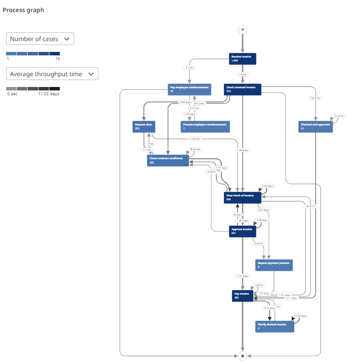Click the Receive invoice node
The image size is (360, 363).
tap(243, 59)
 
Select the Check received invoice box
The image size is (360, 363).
tap(243, 90)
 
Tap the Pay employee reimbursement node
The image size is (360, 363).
tap(189, 90)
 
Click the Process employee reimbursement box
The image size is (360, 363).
tap(205, 126)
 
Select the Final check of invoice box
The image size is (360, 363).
tap(243, 197)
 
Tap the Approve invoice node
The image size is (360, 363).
tap(243, 231)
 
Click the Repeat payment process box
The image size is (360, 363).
tap(274, 265)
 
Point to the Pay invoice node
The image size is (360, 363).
tap(243, 296)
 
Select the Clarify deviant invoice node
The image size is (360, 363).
tap(275, 326)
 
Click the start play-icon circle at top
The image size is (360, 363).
tap(243, 29)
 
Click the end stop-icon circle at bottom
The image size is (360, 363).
tap(243, 356)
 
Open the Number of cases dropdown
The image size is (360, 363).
tap(40, 39)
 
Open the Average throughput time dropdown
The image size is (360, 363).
tap(52, 74)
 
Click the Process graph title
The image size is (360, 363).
tap(23, 10)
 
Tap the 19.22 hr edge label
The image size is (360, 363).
tap(315, 98)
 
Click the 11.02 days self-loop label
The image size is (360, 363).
tap(300, 316)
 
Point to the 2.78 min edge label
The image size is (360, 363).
tap(194, 139)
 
